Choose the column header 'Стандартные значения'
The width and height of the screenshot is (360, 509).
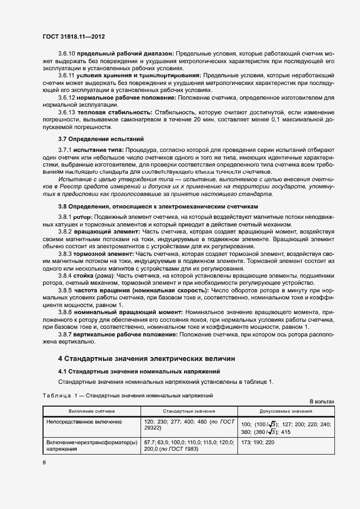(189, 412)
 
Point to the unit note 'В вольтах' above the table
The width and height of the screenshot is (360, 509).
(321, 401)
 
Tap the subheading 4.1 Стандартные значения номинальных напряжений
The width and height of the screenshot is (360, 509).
(139, 371)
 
